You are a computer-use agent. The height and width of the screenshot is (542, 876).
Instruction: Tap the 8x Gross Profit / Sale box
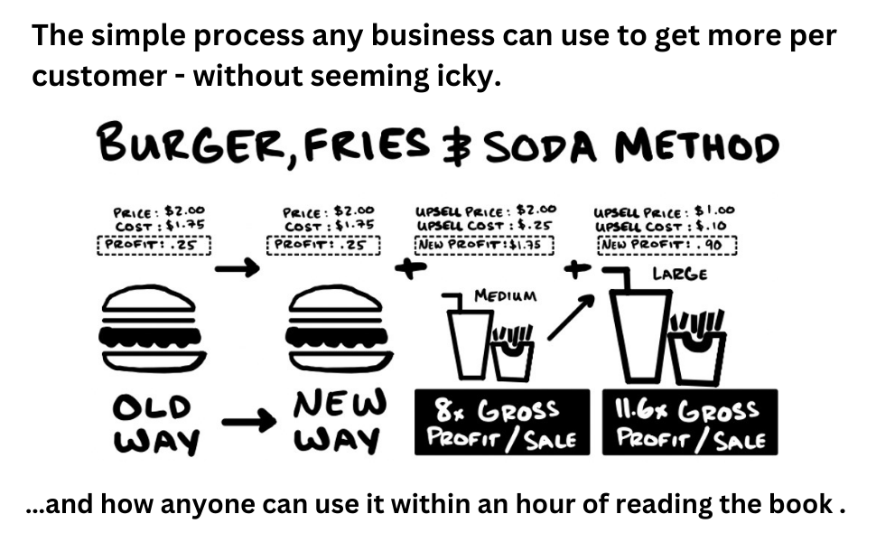coord(500,421)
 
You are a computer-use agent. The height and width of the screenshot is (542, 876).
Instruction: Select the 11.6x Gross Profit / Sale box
coord(686,421)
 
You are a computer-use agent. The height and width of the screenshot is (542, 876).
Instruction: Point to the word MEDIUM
coord(505,295)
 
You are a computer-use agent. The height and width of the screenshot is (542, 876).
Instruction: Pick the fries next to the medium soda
coord(512,352)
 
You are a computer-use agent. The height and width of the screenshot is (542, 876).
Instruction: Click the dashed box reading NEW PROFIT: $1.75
coord(483,242)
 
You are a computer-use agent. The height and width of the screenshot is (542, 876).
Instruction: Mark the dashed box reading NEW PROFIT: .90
coord(666,242)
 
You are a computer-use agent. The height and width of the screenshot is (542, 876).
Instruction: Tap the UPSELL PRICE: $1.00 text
coord(664,210)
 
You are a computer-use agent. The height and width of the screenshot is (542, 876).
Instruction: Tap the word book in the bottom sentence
coord(787,504)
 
